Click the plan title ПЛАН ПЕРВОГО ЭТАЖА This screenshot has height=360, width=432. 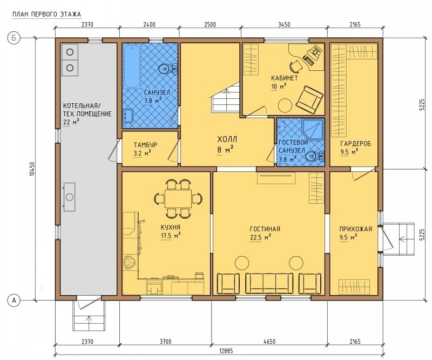47,15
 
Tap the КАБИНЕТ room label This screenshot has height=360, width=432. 285,78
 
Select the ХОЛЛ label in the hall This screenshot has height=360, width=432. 227,139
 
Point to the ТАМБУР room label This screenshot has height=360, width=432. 145,145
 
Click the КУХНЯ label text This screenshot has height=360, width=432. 170,228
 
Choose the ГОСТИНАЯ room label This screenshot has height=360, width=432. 265,229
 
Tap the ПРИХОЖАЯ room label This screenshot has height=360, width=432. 356,229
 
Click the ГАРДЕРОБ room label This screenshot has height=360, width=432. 356,143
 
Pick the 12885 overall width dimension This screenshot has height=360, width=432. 226,351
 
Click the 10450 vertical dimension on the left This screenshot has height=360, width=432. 32,169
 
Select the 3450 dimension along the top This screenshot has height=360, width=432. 284,24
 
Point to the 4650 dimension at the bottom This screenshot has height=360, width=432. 269,342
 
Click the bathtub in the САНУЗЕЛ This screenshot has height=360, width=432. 132,66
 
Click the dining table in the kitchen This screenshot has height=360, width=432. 178,198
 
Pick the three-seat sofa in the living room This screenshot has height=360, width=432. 269,284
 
